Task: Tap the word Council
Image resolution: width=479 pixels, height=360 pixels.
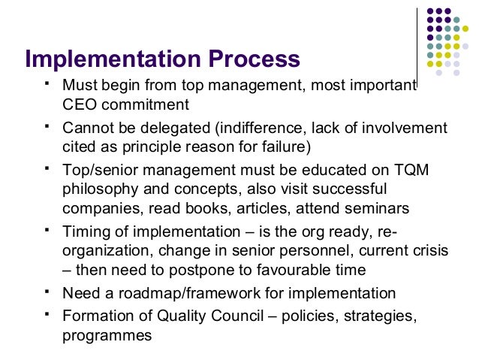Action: [x=234, y=317]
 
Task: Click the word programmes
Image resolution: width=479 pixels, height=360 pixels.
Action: [x=107, y=335]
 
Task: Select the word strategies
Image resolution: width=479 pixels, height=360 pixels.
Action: [x=378, y=317]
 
